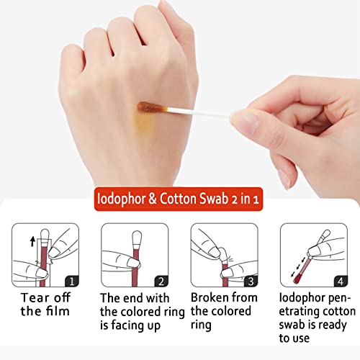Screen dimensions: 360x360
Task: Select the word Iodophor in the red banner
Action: pos(125,197)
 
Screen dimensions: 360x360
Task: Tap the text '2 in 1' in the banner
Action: pos(253,197)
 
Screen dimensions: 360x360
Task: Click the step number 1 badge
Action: pos(71,281)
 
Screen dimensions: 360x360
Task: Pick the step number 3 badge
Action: pos(250,281)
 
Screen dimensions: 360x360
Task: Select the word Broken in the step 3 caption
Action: pos(210,297)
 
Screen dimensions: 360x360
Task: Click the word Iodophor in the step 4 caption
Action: pos(302,297)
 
